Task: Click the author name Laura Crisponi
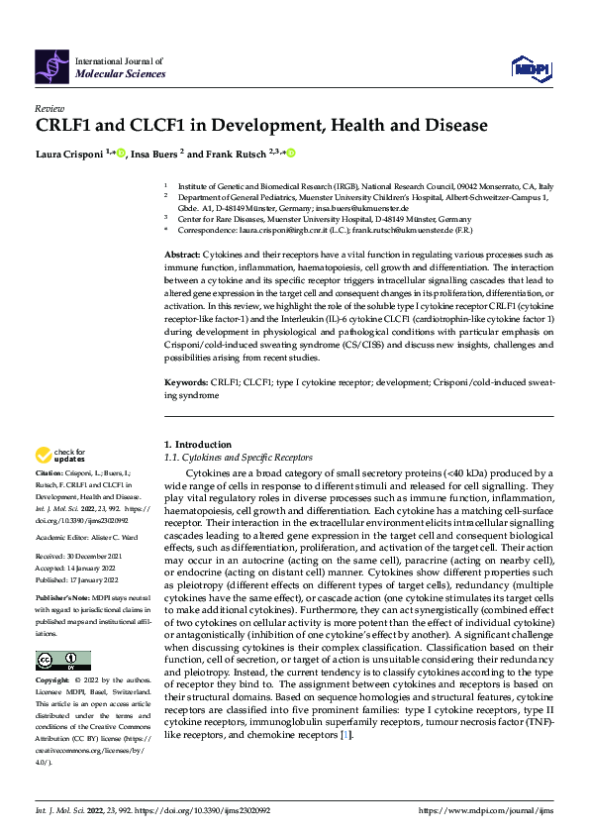pos(73,154)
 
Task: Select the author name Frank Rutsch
pos(237,154)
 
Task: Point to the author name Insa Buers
pos(155,154)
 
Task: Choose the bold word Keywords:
pos(185,380)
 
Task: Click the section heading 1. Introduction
pos(198,445)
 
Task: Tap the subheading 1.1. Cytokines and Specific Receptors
pos(238,457)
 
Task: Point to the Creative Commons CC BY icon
pos(62,661)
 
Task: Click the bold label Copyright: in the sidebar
pos(52,681)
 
